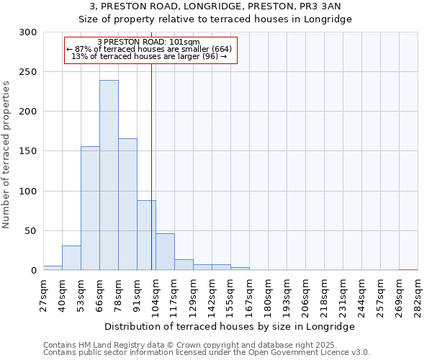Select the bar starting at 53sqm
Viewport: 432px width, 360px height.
90,208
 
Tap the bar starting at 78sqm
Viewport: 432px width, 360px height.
127,204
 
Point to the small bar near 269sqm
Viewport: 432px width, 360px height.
408,269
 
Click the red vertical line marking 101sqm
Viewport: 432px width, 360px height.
151,166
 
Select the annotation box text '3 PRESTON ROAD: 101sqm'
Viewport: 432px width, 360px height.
148,42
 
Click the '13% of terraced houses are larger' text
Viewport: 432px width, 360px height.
150,56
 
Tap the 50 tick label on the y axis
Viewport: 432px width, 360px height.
31,231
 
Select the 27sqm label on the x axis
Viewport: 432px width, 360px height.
43,295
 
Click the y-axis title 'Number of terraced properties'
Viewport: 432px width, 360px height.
7,154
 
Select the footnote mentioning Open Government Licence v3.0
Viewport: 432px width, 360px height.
207,353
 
